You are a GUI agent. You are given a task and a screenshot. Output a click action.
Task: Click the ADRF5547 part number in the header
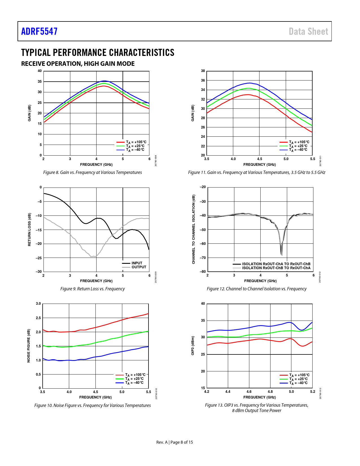(39, 31)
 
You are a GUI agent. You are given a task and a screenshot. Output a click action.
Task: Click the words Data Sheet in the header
(308, 31)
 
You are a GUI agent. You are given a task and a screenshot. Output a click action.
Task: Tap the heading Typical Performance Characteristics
(98, 53)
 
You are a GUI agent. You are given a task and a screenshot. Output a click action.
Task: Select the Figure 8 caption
(92, 172)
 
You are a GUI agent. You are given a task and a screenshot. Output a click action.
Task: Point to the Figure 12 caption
(256, 289)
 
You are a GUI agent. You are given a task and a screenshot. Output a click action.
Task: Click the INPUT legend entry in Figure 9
(137, 263)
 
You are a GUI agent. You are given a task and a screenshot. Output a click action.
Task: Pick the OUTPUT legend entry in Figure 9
(139, 267)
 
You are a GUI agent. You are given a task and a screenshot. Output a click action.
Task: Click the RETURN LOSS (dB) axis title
(29, 229)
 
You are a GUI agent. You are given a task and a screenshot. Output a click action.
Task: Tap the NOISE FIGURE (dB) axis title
(29, 346)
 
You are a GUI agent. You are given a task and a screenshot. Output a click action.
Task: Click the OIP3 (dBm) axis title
(193, 346)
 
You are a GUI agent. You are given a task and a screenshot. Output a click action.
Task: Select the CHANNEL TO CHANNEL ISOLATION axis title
(193, 229)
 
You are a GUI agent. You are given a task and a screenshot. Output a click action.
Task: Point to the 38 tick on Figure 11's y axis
(203, 71)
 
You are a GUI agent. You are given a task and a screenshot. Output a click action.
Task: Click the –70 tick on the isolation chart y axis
(203, 258)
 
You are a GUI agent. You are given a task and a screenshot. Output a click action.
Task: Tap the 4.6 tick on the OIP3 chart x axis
(249, 391)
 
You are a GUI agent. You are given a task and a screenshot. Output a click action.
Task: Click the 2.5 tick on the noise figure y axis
(38, 318)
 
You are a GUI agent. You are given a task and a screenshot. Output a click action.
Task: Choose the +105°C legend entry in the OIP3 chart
(299, 375)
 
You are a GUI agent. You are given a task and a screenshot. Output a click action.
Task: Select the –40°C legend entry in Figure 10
(134, 383)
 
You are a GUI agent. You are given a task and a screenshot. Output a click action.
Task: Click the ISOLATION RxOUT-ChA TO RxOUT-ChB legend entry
(276, 264)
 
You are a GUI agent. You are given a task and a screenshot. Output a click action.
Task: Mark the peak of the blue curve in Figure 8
(104, 81)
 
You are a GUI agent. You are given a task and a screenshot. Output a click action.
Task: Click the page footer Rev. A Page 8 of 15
(174, 442)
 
